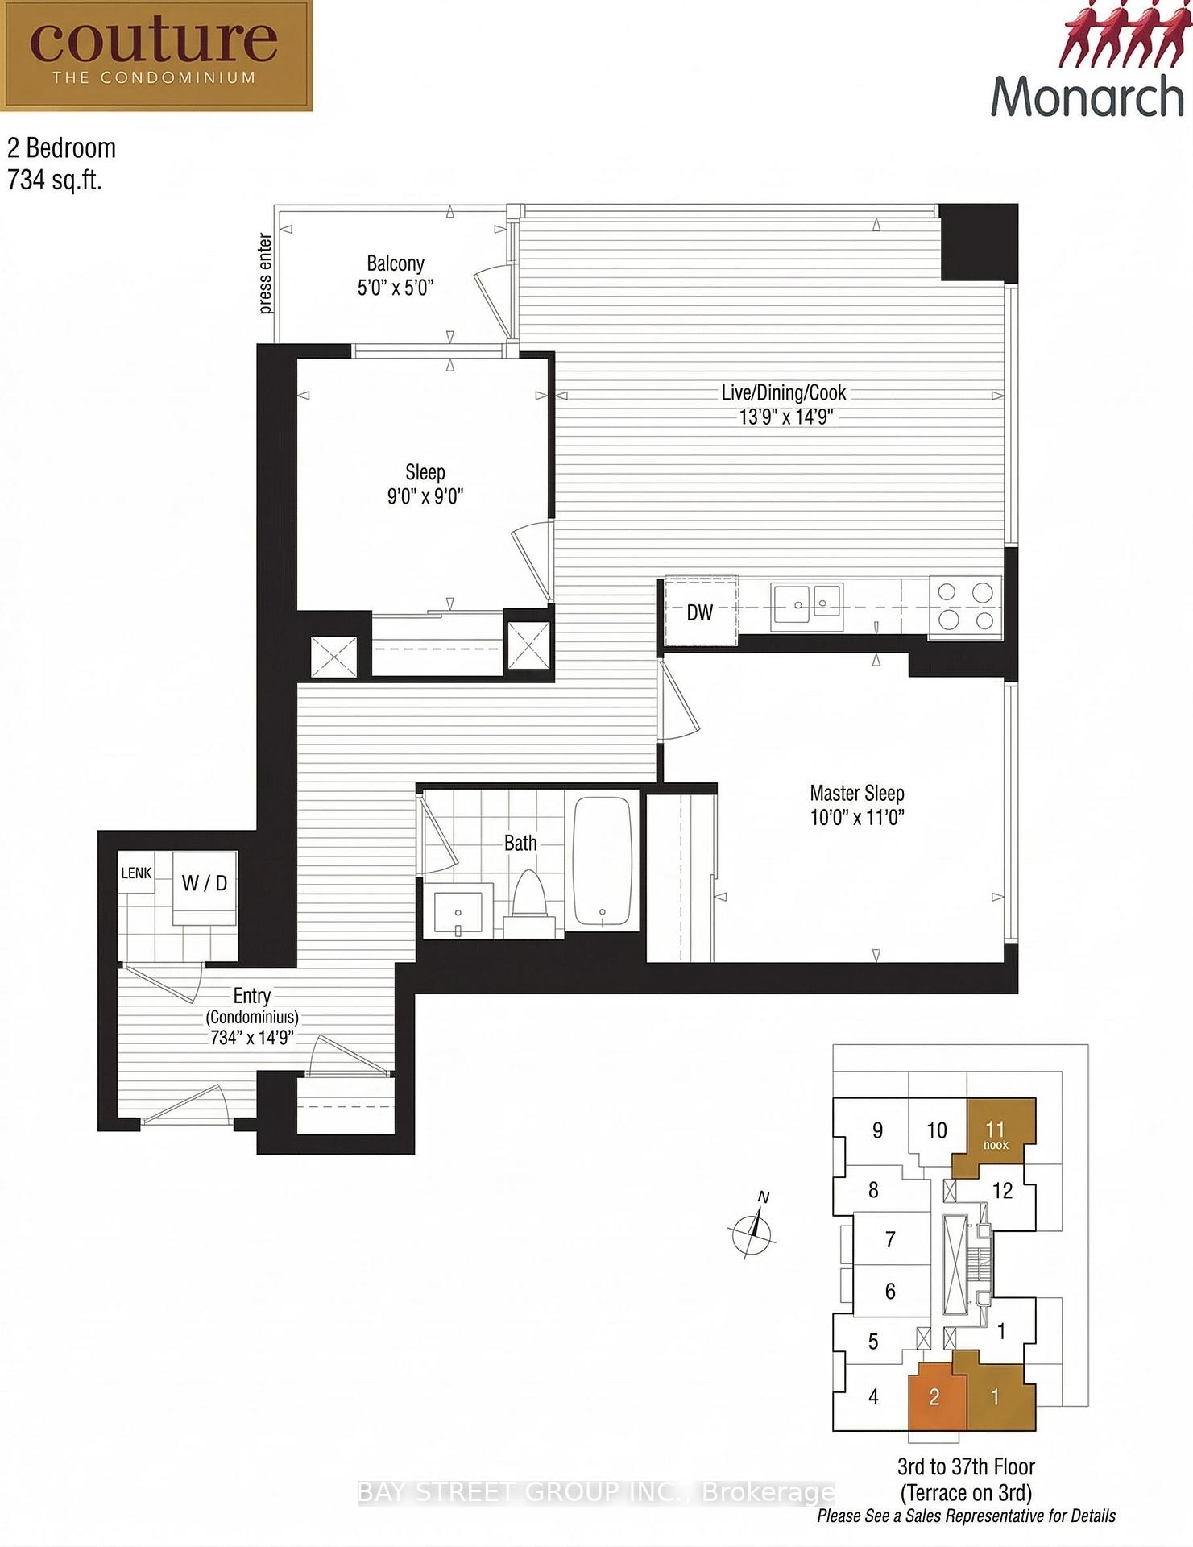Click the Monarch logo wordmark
point(1087,97)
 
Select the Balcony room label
point(395,263)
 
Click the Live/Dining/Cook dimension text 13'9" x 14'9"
point(786,417)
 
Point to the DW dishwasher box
point(700,611)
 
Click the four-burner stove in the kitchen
point(966,608)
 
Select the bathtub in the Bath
point(602,862)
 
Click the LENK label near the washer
point(136,873)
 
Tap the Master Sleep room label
point(857,793)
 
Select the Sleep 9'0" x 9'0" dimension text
point(425,496)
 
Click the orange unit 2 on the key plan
point(935,1396)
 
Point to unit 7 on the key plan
point(890,1239)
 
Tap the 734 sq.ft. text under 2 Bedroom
point(55,180)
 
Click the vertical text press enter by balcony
point(265,274)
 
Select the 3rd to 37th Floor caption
point(966,1466)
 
